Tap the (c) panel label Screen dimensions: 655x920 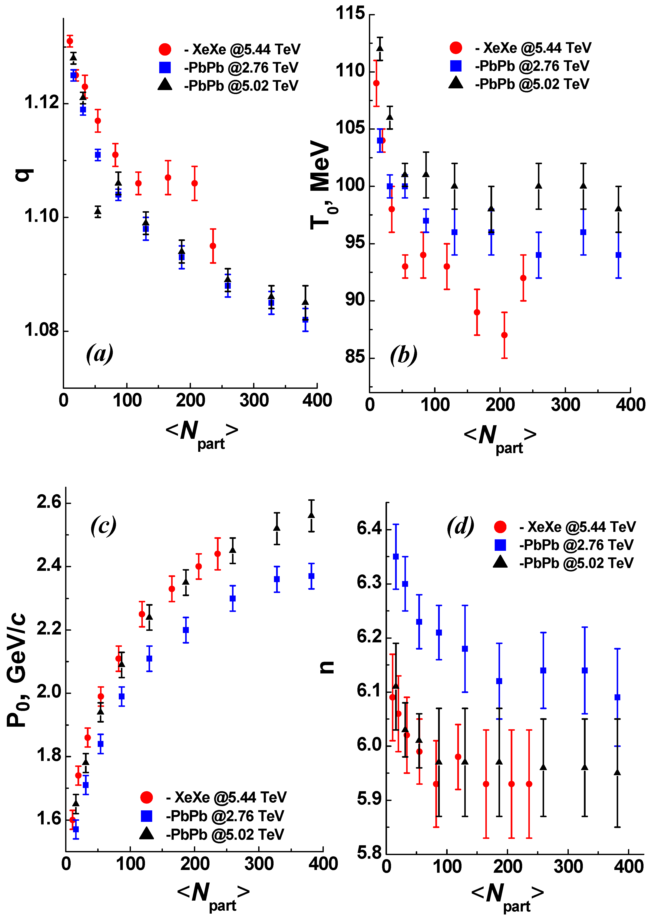[103, 525]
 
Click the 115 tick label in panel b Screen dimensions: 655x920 [350, 13]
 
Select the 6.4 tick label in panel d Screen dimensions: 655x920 [369, 528]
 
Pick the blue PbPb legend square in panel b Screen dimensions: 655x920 [456, 65]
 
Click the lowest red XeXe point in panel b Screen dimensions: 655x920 [504, 335]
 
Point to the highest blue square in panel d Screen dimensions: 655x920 [396, 557]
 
